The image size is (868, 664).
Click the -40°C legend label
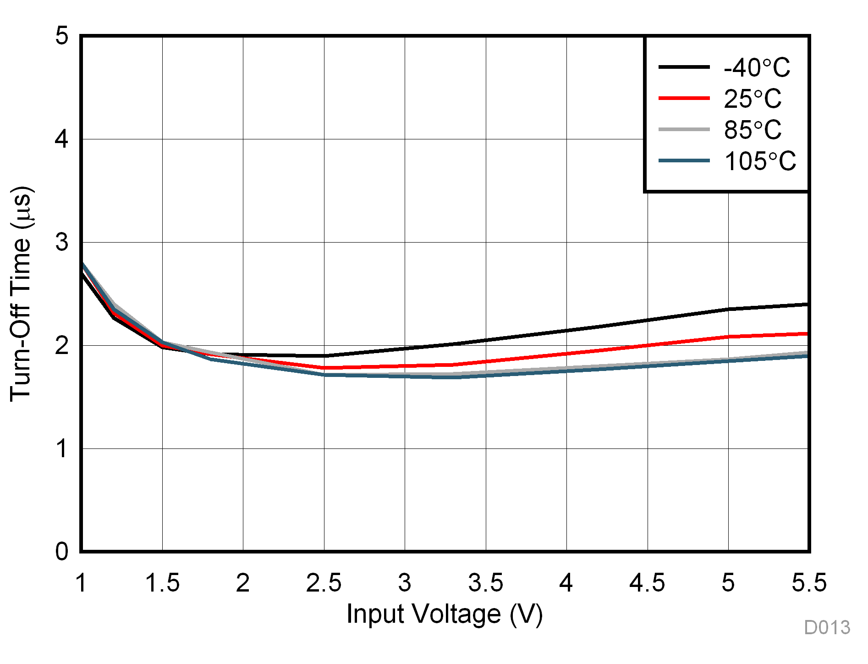coord(757,68)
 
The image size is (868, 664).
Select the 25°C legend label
coord(753,99)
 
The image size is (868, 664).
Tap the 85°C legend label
coord(753,130)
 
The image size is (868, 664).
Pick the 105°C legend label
coord(760,161)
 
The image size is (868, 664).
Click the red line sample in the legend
coord(684,98)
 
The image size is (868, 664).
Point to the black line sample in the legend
coord(684,67)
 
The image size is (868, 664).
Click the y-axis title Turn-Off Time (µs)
coord(21,293)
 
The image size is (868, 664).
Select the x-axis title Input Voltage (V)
coord(445,614)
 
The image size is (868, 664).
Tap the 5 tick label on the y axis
coord(62,35)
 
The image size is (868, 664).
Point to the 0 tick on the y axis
coord(62,551)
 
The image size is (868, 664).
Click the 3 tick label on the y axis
coord(62,242)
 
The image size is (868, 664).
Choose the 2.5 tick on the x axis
coord(324,583)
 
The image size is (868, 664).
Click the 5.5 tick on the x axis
coord(809,583)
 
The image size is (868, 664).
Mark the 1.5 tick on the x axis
coord(162,583)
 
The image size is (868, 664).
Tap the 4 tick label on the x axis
coord(566,583)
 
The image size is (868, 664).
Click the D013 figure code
coord(827,627)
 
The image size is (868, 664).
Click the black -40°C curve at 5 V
coord(728,309)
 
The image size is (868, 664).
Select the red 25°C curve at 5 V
coord(728,337)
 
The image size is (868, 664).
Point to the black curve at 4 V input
coord(566,331)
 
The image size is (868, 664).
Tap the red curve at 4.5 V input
coord(648,346)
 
